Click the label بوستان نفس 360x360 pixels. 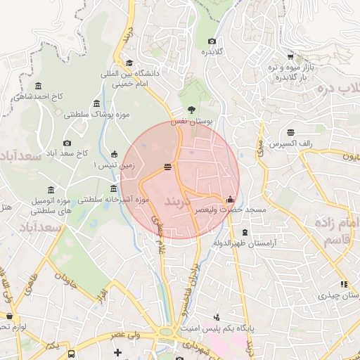coord(197,121)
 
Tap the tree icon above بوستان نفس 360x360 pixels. coord(191,109)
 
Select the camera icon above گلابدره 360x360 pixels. coord(212,41)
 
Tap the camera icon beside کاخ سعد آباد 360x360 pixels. coord(67,143)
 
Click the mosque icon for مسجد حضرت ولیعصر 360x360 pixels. coord(230,200)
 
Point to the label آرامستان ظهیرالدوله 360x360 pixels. coord(245,243)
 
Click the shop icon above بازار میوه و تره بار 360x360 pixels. coord(290,56)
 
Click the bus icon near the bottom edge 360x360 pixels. coord(72,353)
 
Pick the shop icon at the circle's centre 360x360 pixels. coord(167,167)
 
